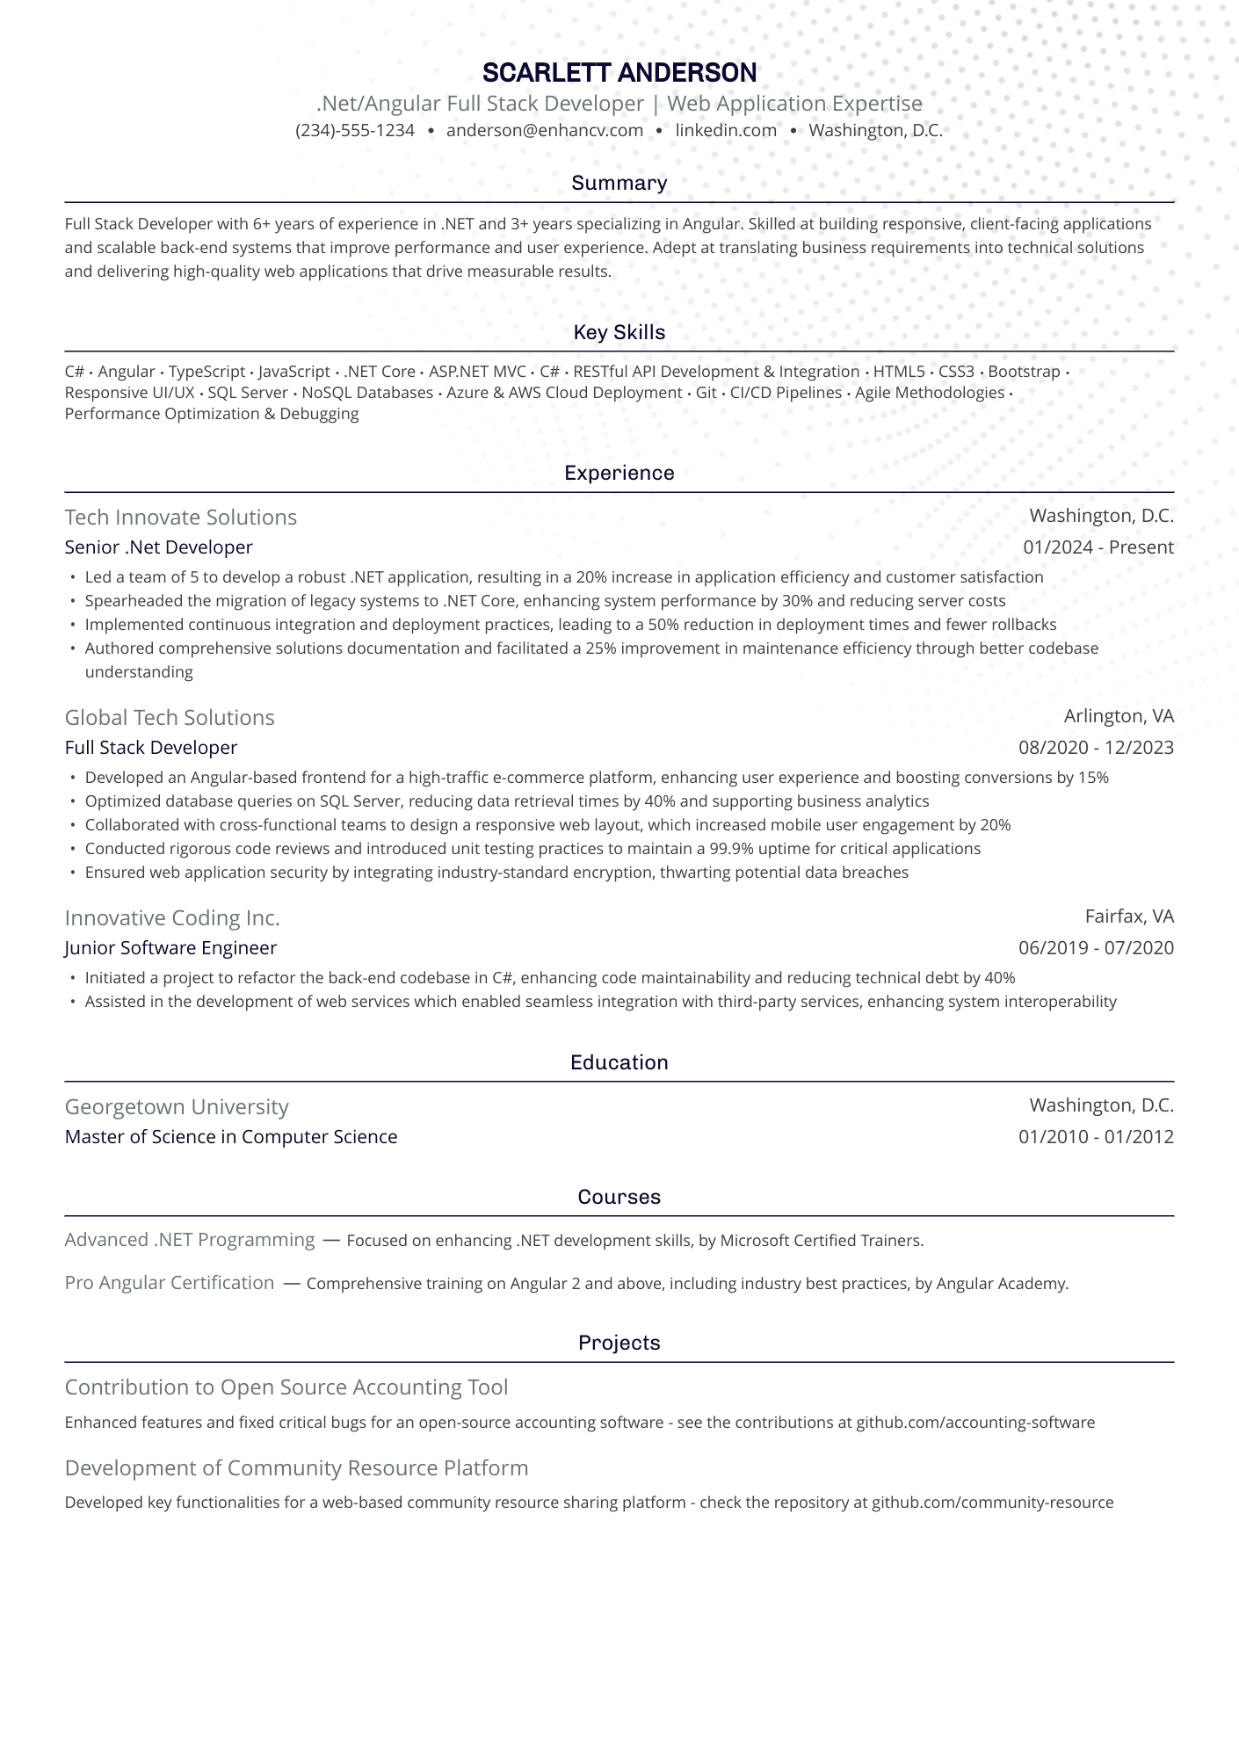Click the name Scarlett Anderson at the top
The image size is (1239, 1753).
[619, 72]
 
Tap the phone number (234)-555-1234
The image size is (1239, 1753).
[355, 131]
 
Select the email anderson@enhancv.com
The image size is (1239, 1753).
[545, 131]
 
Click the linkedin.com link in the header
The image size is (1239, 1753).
[726, 131]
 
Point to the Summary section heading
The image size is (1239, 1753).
[619, 183]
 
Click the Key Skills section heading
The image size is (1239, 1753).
[619, 332]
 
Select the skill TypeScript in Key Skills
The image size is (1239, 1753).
[206, 372]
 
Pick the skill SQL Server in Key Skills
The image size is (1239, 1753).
[248, 393]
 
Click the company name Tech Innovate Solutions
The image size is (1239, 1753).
[181, 517]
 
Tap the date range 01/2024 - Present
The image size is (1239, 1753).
[1098, 547]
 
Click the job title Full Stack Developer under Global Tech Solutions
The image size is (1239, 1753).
[151, 748]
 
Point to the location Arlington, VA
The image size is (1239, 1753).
[1119, 716]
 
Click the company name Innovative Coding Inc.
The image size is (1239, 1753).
[172, 917]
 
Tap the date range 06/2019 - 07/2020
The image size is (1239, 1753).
[1096, 948]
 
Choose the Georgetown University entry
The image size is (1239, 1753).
[177, 1106]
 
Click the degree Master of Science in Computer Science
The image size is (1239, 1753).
[231, 1137]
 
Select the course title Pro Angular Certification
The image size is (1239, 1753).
[170, 1282]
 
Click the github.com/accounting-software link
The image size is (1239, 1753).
[975, 1422]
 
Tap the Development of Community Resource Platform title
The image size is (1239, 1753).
[297, 1467]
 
